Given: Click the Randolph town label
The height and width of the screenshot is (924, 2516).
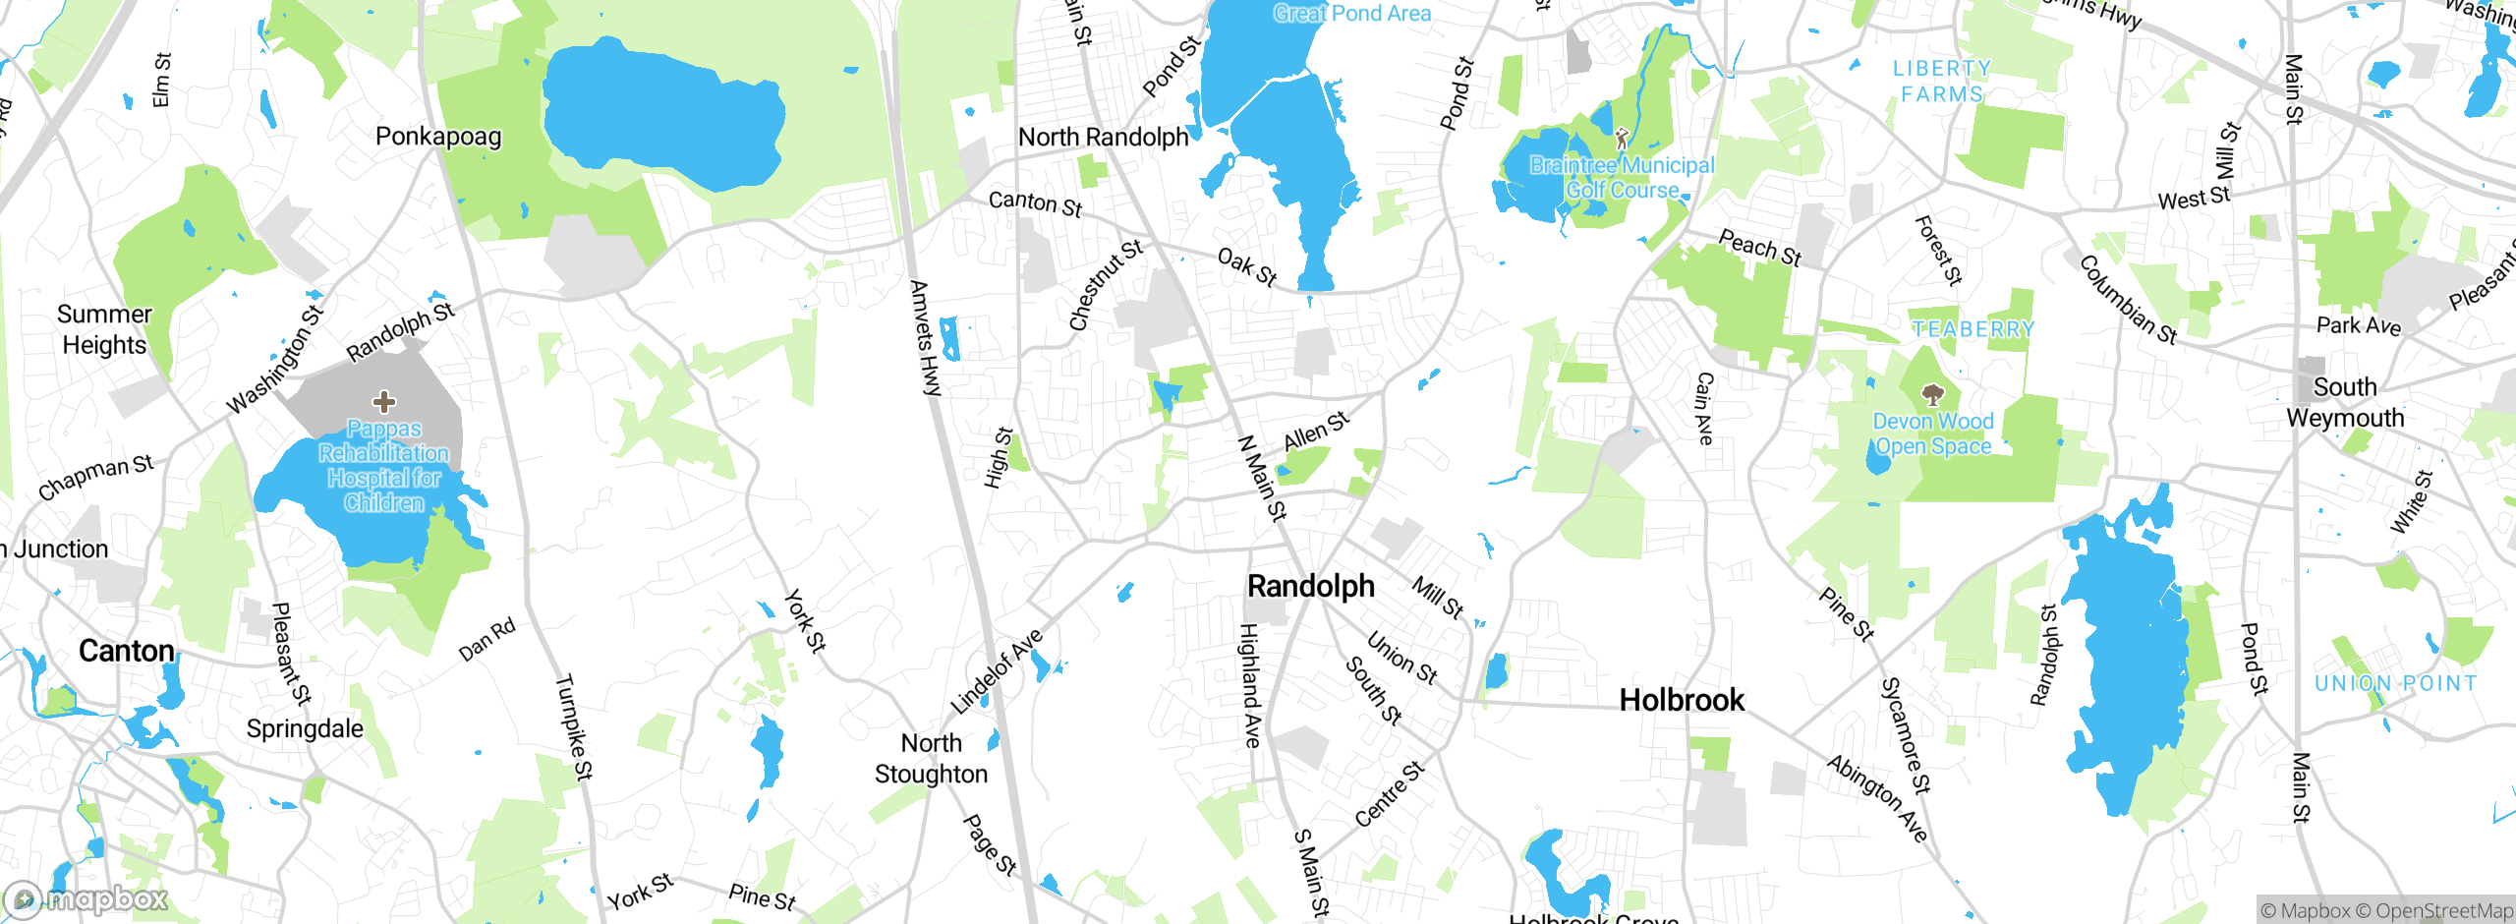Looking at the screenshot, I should pyautogui.click(x=1311, y=586).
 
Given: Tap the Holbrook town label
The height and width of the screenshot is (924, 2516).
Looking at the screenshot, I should pyautogui.click(x=1682, y=700).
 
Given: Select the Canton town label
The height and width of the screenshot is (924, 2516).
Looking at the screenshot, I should pyautogui.click(x=127, y=651).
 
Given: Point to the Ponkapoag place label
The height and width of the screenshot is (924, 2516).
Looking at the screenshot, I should pyautogui.click(x=438, y=137).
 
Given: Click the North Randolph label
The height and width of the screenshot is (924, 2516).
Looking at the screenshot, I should pyautogui.click(x=1103, y=137).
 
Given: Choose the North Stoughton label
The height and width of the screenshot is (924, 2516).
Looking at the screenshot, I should pyautogui.click(x=931, y=758).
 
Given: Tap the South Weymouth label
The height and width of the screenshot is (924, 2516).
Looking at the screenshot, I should pyautogui.click(x=2345, y=402).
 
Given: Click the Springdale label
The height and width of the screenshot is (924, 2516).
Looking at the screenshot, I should pyautogui.click(x=305, y=728).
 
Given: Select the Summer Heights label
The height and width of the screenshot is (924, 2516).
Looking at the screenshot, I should pyautogui.click(x=104, y=329).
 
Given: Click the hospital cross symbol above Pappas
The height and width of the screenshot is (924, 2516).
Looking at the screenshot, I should pyautogui.click(x=384, y=401).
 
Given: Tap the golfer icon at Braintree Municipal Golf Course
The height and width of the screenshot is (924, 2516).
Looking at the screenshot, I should pyautogui.click(x=1622, y=139).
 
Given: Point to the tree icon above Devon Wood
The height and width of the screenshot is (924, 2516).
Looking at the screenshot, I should pyautogui.click(x=1932, y=395).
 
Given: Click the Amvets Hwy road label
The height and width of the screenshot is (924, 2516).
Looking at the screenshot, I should pyautogui.click(x=925, y=338).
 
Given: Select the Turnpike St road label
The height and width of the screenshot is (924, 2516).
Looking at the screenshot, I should pyautogui.click(x=574, y=727).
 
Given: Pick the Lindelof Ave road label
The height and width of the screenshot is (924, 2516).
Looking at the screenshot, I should pyautogui.click(x=997, y=672).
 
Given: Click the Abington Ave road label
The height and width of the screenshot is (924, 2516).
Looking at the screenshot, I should pyautogui.click(x=1877, y=798).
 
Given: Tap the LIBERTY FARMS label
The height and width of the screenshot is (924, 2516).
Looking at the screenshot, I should pyautogui.click(x=1942, y=82).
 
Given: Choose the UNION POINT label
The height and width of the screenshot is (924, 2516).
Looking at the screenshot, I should pyautogui.click(x=2395, y=683).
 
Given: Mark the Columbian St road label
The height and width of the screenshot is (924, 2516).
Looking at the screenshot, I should pyautogui.click(x=2128, y=300).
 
